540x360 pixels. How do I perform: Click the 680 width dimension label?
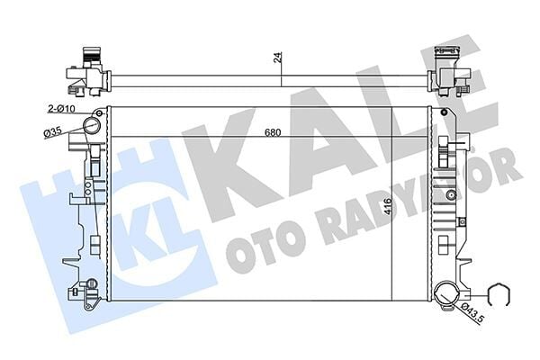coord(272,133)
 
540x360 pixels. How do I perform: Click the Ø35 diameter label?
coord(53,132)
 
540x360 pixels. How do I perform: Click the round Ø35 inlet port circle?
coord(92,128)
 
